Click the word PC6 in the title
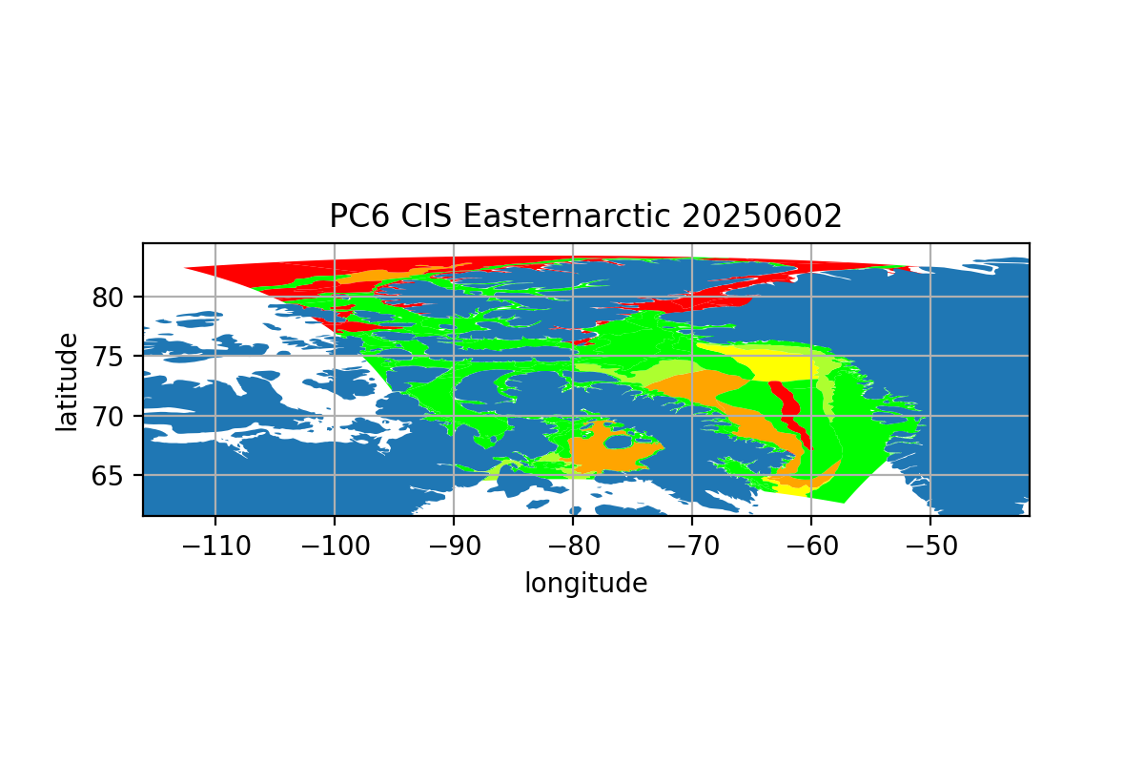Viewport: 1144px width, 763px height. (x=359, y=216)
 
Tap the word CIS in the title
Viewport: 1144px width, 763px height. (x=426, y=216)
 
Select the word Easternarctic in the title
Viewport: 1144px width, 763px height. (x=566, y=216)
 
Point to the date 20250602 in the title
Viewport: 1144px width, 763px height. (x=762, y=216)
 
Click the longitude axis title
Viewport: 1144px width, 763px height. (x=585, y=583)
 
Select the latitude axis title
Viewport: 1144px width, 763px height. (x=67, y=382)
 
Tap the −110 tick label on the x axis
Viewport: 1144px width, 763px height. (x=216, y=546)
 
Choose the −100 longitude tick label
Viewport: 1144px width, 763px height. (x=335, y=546)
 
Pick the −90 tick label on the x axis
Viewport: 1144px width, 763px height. (x=454, y=546)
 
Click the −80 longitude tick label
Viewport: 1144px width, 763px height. (x=574, y=546)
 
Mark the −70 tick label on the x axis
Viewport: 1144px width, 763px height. (x=692, y=546)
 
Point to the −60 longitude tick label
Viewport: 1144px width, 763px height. (x=811, y=546)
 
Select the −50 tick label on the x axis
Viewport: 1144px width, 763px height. (x=931, y=546)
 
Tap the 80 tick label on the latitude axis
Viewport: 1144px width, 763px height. (x=107, y=298)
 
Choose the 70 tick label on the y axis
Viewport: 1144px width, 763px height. (x=107, y=417)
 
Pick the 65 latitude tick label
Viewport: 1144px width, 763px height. (x=107, y=476)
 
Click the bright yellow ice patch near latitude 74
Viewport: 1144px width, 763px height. (x=782, y=366)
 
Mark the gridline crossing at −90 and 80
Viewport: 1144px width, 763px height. (x=454, y=297)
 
